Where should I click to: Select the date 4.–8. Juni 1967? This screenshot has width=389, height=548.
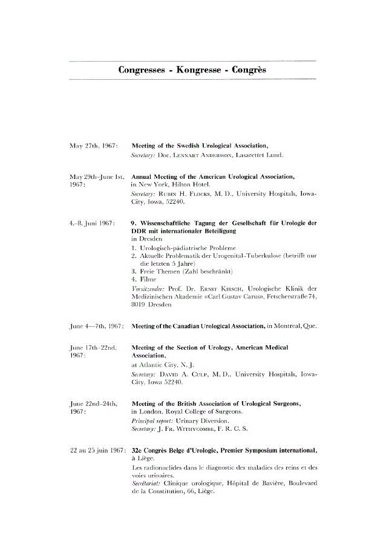(x=92, y=224)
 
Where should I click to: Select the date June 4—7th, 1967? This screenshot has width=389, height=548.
(x=97, y=326)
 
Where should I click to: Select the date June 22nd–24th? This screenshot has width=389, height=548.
(x=94, y=404)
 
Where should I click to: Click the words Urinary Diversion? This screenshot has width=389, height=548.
(x=198, y=421)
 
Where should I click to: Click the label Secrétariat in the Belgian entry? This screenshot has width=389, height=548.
(x=145, y=483)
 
